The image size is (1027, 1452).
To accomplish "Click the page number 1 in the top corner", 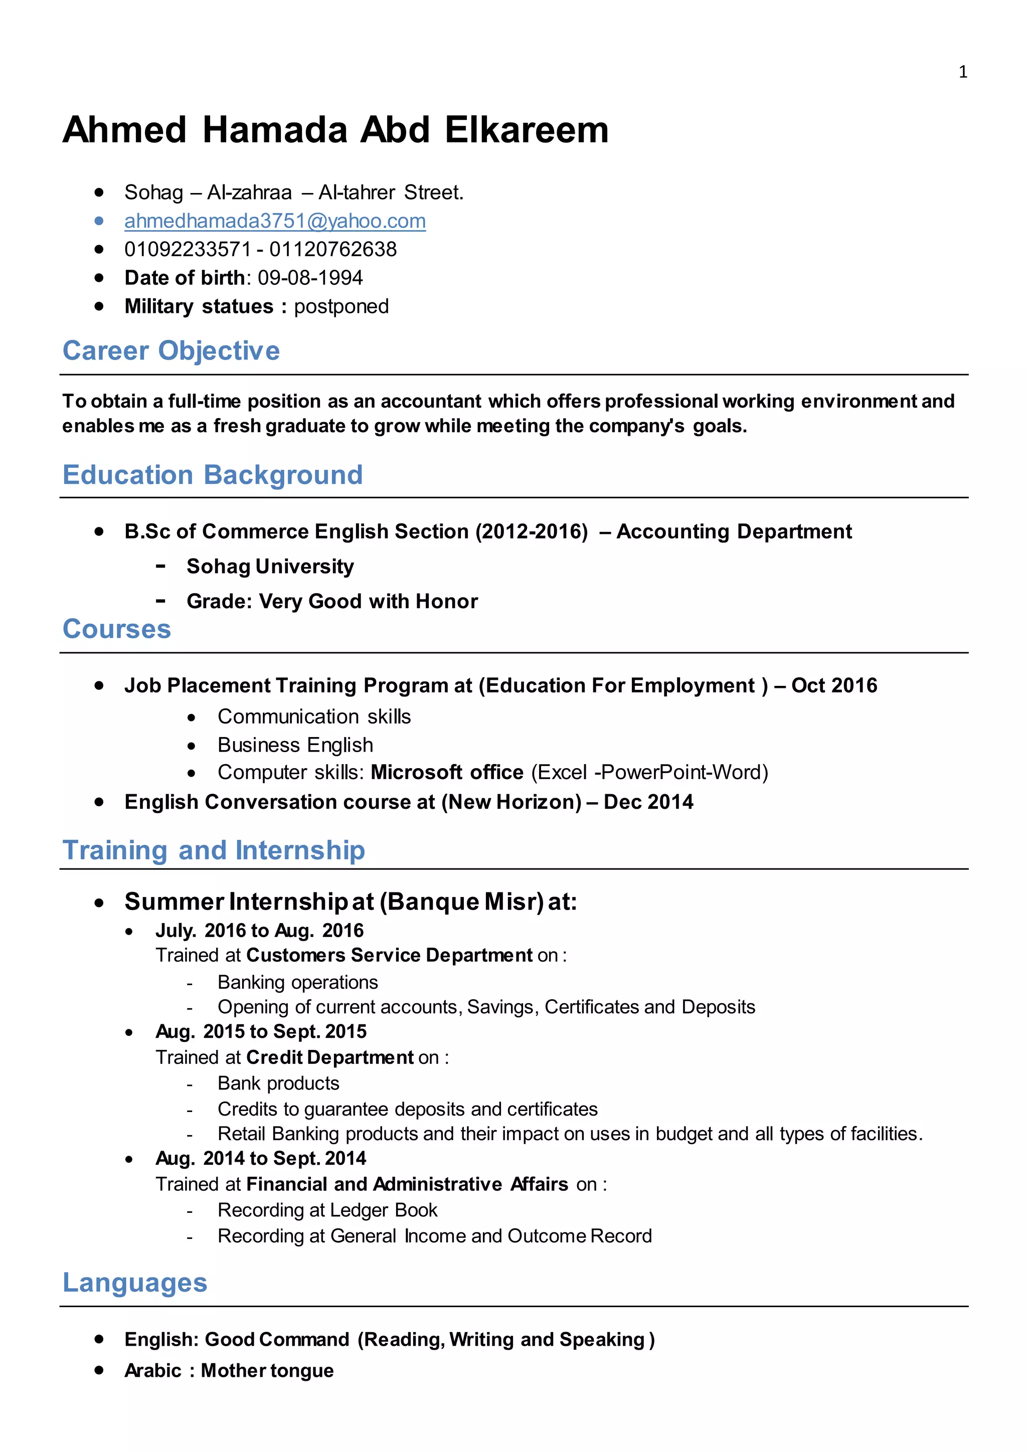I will pos(962,72).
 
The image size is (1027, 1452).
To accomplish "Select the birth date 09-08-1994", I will pos(310,278).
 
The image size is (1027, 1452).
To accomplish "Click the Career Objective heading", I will pos(170,351).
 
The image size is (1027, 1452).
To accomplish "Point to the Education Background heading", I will pos(213,475).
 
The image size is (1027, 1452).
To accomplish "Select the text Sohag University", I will pos(270,566).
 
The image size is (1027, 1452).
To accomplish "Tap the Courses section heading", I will pos(116,629).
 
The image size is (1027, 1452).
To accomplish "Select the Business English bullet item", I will pos(295,745).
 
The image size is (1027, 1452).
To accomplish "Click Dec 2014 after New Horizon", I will pos(648,802).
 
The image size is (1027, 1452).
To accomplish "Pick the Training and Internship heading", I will pos(214,850).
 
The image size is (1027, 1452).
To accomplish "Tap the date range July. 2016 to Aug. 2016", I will pos(259,930).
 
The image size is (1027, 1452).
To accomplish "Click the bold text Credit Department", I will pos(329,1057).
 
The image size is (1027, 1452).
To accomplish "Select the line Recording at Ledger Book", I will pos(327,1210).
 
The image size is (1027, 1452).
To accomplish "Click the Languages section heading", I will pos(135,1283).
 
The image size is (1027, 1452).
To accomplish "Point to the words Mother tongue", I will pos(267,1370).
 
